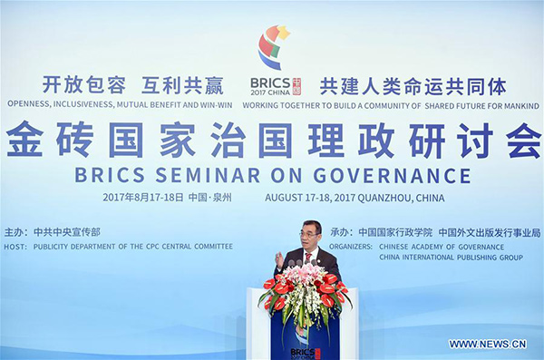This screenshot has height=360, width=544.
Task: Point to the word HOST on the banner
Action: click(15, 247)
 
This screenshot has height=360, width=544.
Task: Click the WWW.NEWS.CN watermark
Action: click(488, 345)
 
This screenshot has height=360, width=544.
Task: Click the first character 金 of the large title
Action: click(24, 141)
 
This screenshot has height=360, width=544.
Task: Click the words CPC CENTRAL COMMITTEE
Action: click(189, 247)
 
